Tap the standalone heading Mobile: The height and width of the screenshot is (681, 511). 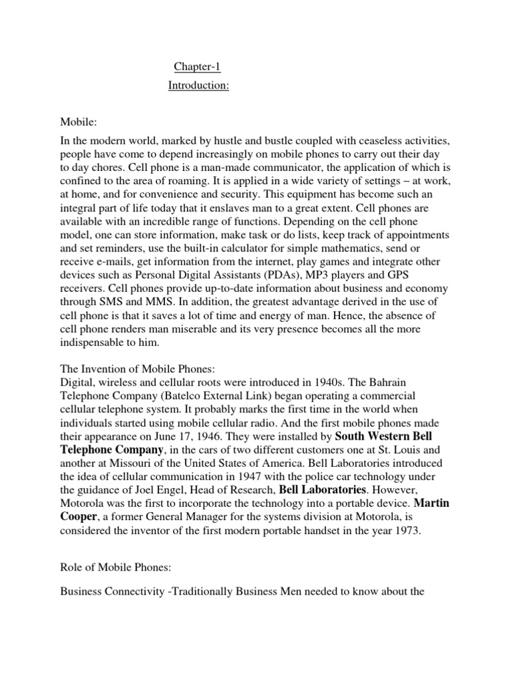[x=79, y=123]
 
